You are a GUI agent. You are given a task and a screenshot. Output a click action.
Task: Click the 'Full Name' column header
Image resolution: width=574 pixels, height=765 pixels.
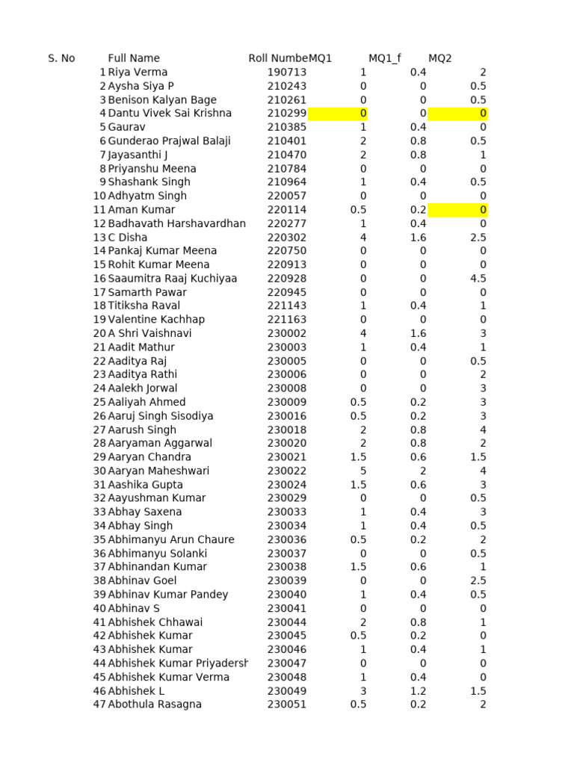(134, 58)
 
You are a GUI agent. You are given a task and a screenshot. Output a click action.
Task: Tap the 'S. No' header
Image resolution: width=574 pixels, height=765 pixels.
(61, 58)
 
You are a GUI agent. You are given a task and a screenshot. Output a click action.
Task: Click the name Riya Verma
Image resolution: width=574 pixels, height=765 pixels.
(138, 72)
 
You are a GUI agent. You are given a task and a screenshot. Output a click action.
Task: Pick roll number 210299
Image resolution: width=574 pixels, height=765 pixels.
(287, 114)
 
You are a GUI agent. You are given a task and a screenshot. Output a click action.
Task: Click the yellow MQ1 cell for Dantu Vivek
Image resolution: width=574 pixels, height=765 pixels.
(337, 114)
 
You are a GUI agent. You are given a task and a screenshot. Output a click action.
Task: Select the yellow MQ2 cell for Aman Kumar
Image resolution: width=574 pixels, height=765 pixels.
(457, 210)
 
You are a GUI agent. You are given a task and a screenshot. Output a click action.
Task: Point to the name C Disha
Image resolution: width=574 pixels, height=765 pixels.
(128, 238)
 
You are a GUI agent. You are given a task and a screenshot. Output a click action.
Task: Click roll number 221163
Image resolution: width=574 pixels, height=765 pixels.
(287, 320)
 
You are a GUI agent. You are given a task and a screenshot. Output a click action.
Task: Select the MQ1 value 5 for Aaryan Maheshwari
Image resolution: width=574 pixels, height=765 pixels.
(363, 471)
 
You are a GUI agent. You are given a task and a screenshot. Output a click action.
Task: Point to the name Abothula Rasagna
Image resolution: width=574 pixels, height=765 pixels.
(155, 704)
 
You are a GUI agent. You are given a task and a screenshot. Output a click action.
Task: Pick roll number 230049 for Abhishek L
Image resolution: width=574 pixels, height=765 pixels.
(287, 691)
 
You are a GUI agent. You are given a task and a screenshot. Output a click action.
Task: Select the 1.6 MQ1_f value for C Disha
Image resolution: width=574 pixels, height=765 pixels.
(418, 238)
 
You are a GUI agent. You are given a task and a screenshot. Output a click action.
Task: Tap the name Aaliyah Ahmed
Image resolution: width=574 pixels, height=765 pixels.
(146, 402)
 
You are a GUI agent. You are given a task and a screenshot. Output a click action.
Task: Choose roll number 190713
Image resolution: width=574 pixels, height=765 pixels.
(287, 72)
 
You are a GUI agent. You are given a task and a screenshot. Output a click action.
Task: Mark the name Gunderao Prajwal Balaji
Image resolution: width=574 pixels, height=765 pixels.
(169, 141)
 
